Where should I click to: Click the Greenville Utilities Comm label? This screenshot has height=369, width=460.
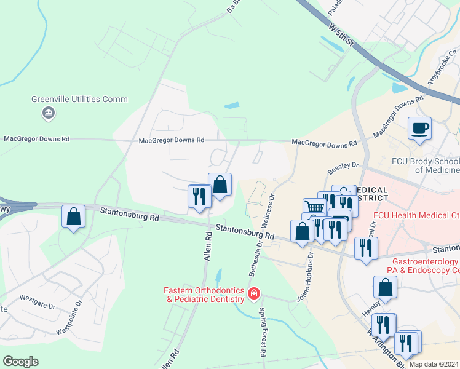coord(80,99)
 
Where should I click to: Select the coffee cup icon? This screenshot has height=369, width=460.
coord(420,129)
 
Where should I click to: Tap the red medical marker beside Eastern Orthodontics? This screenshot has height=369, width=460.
coord(253,295)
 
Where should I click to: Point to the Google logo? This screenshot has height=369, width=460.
coord(20,362)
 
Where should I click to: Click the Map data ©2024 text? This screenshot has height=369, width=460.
coord(434,364)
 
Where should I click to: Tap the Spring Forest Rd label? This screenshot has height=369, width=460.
coord(262,333)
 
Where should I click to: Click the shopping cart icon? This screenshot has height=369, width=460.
coord(313,207)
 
